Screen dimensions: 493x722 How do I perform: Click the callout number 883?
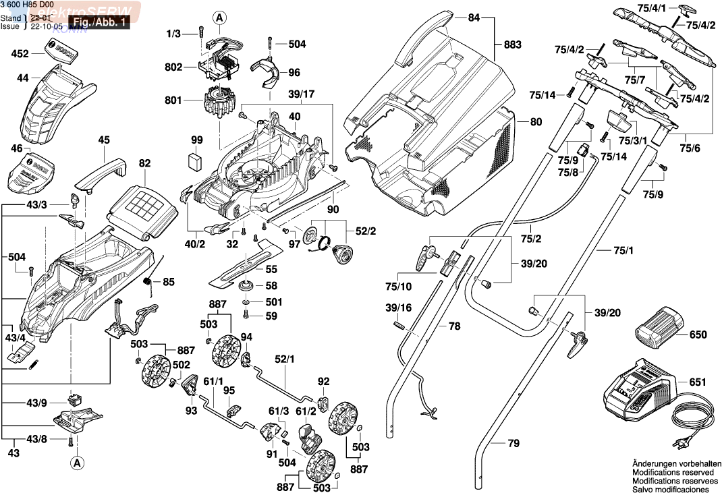[x=513, y=45]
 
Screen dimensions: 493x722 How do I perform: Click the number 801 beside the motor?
[x=173, y=100]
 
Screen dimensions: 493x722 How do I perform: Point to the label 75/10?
[x=398, y=286]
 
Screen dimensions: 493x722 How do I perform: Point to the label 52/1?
[x=284, y=359]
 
